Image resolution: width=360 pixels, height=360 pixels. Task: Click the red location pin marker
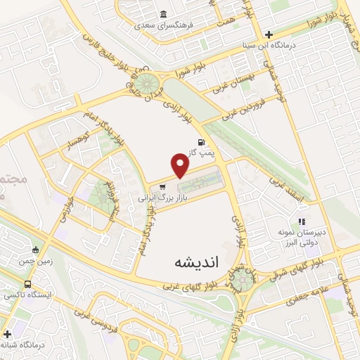[x=181, y=166]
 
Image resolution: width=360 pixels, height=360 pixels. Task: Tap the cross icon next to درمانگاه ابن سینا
[x=269, y=33]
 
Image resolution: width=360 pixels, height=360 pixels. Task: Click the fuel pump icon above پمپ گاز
[x=193, y=141]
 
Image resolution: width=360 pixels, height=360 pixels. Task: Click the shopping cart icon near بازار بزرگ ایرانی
[x=162, y=187]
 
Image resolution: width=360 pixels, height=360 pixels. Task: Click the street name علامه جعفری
[x=305, y=298]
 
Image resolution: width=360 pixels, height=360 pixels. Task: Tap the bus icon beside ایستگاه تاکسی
[x=27, y=285]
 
